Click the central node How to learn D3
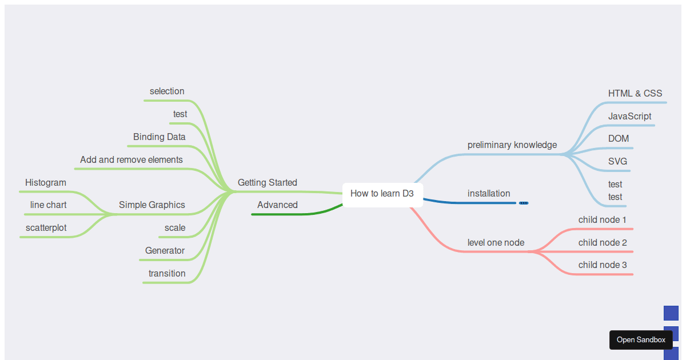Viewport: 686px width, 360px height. click(x=382, y=195)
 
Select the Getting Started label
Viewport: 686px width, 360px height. click(x=268, y=182)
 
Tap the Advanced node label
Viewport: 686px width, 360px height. click(x=277, y=205)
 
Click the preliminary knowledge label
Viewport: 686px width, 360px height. click(x=512, y=145)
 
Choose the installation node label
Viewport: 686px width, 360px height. click(x=489, y=194)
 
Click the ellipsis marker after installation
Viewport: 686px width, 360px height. click(x=524, y=203)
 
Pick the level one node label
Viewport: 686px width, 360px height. click(x=496, y=243)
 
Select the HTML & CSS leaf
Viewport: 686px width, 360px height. click(x=635, y=93)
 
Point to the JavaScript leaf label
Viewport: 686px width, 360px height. click(x=629, y=117)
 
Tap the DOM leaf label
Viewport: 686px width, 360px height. click(x=619, y=139)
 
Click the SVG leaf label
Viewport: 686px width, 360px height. click(x=618, y=161)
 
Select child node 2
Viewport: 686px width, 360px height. click(x=603, y=243)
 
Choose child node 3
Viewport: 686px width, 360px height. click(x=603, y=265)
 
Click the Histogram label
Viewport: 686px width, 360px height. click(x=46, y=183)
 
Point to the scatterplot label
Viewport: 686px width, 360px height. click(x=46, y=228)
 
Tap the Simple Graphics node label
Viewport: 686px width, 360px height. click(x=152, y=205)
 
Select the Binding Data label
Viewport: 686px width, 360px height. click(x=159, y=137)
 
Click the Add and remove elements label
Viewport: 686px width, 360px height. click(x=131, y=160)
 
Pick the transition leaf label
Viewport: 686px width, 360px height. click(x=167, y=273)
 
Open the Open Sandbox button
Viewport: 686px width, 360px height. click(x=641, y=340)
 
